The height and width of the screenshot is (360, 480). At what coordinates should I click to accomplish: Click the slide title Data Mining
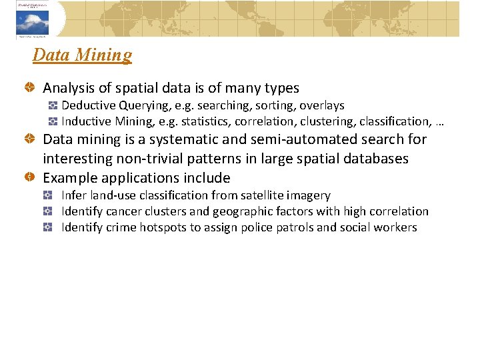(82, 55)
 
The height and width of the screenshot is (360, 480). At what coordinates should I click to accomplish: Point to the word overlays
(322, 105)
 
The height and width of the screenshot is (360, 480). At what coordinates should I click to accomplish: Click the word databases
(374, 159)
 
